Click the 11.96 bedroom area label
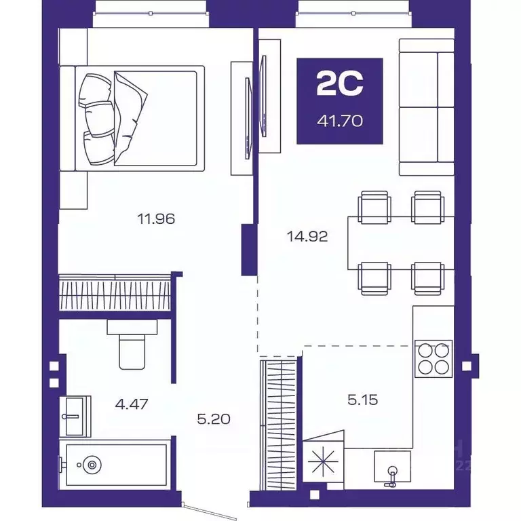156,219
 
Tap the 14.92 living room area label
307,237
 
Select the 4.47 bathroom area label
132,404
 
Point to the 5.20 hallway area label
214,419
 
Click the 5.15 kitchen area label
363,400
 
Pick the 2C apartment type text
340,84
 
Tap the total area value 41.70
340,121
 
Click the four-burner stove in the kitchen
433,359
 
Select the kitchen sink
392,467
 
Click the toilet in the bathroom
132,345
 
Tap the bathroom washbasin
75,417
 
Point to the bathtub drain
92,465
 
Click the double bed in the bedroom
132,119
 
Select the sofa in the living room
427,107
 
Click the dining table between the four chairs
401,243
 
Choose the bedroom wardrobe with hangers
115,292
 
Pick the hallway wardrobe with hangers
278,425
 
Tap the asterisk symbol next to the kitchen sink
323,461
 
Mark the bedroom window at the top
151,14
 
